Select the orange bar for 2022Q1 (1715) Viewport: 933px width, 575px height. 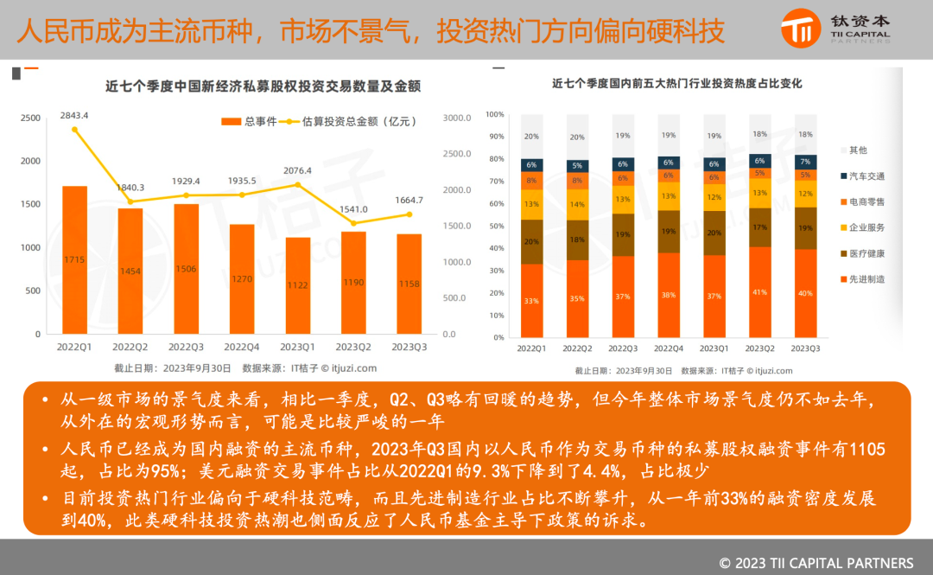click(74, 259)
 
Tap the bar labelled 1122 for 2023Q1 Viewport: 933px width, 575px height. click(298, 285)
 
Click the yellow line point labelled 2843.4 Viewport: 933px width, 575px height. click(74, 130)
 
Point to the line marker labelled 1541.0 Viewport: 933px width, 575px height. click(353, 223)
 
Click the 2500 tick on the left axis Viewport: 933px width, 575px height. click(30, 118)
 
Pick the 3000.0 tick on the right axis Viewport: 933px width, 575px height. click(456, 118)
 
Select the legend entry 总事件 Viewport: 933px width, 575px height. click(250, 122)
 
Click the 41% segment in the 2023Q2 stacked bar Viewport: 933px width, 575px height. click(759, 292)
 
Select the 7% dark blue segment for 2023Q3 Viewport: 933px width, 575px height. click(805, 162)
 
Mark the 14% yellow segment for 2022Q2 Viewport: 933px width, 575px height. click(577, 205)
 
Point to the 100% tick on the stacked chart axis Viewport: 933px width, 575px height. click(495, 114)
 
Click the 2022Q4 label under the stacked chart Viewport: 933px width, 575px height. click(669, 348)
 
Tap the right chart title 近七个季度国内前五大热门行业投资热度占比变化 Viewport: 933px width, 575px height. click(677, 84)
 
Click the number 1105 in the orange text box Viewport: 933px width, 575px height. click(868, 450)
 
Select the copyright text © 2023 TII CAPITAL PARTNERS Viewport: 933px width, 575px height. click(816, 563)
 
